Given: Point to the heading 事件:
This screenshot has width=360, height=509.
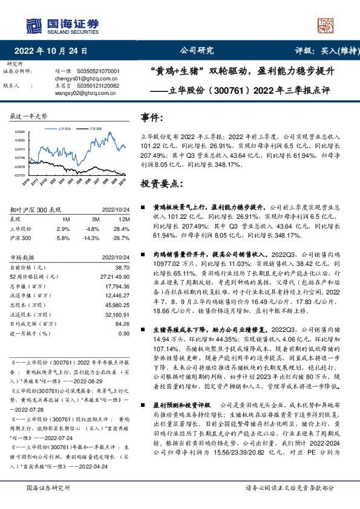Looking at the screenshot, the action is (152, 117).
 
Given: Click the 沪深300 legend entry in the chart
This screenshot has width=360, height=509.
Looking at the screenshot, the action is (94, 129).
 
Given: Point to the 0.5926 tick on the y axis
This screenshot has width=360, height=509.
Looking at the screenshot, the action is (21, 131).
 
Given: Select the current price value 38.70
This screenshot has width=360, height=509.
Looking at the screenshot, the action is (122, 267).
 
